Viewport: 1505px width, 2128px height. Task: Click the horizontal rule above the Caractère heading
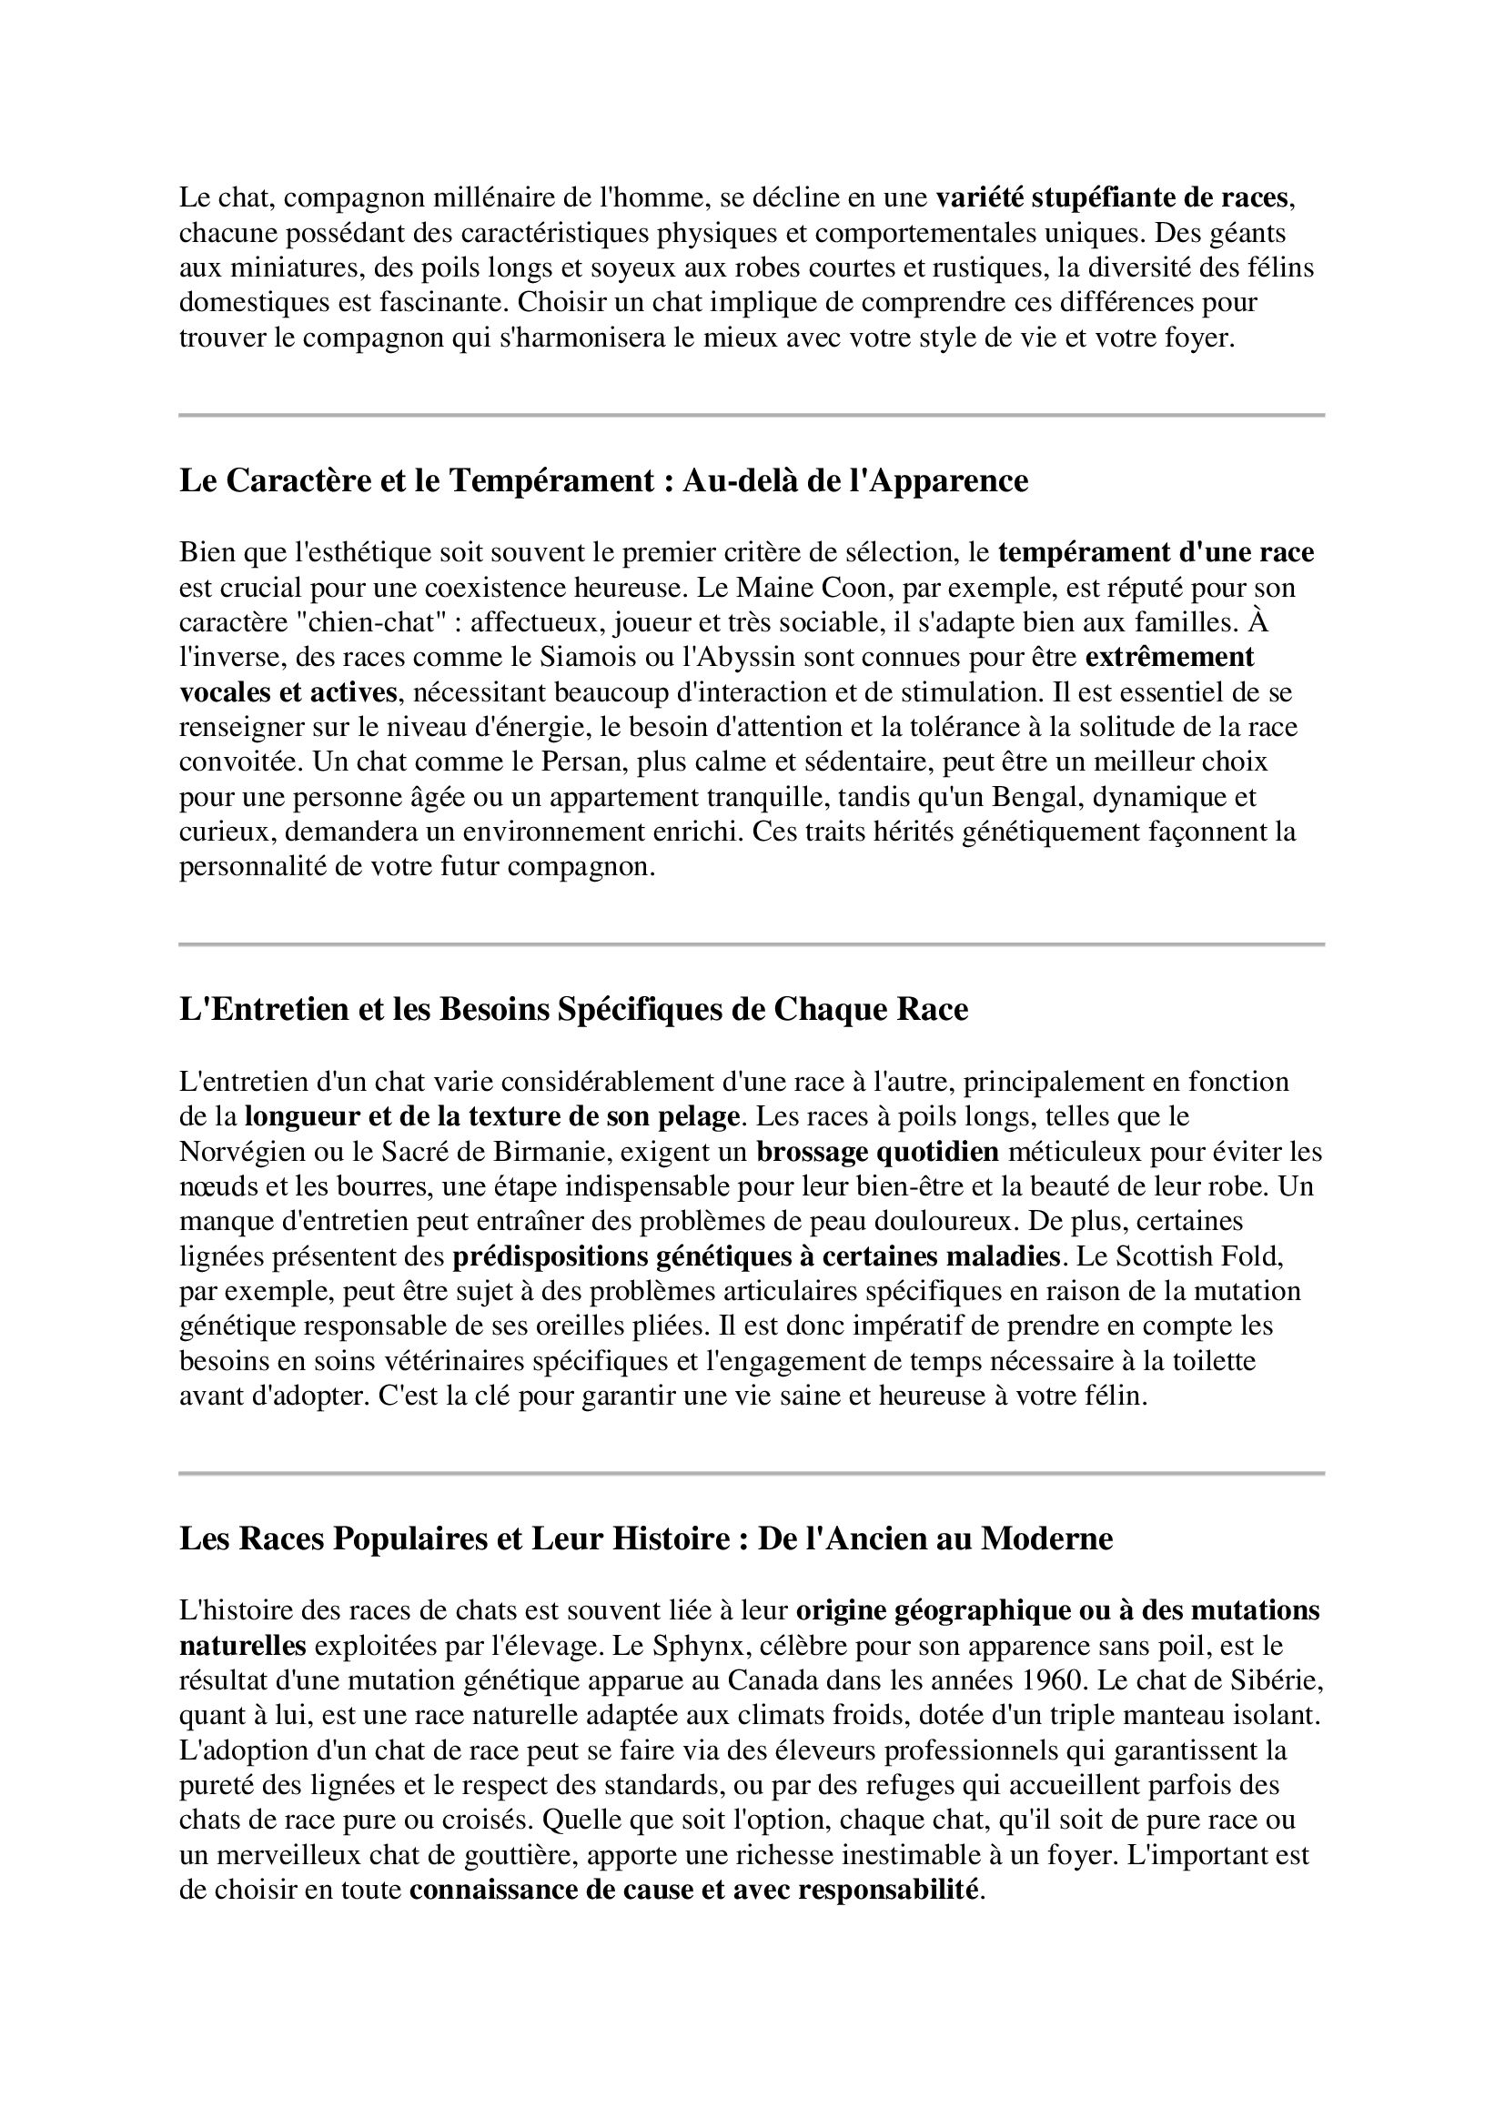(x=752, y=415)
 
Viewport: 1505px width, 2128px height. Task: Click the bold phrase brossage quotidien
(x=877, y=1153)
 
